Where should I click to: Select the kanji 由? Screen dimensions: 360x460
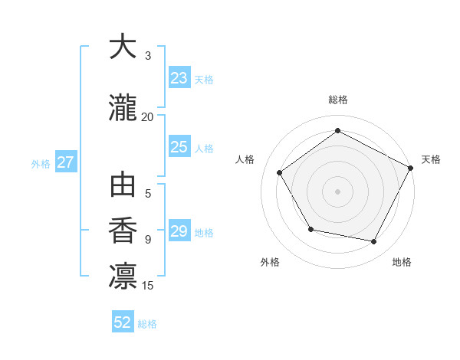[123, 187]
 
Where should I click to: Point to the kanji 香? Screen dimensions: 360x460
[123, 230]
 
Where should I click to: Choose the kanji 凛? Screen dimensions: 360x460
[123, 276]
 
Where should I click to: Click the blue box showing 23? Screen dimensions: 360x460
[179, 78]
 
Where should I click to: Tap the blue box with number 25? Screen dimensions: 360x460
[179, 147]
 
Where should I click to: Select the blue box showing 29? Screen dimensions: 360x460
[179, 231]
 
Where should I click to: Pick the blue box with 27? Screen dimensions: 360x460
[65, 162]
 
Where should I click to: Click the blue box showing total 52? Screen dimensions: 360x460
[123, 322]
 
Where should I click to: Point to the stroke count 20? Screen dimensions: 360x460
[147, 117]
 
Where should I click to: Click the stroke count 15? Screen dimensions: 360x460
[149, 286]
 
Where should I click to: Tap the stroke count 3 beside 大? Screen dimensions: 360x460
[148, 56]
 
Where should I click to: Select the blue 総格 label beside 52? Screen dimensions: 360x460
[147, 324]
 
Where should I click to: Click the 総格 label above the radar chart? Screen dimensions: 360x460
[338, 100]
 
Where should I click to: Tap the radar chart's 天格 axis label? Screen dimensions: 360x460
[431, 159]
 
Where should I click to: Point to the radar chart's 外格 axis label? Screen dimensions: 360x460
[270, 262]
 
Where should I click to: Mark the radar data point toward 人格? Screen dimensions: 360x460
[280, 172]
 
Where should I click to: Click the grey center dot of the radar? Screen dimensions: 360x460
[337, 191]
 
